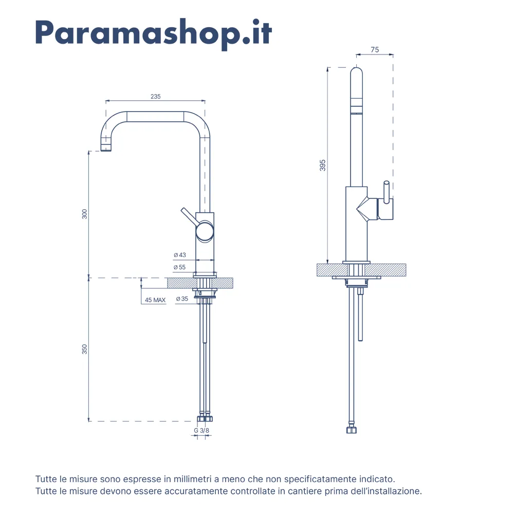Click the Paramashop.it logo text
click(153, 33)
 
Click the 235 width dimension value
click(155, 97)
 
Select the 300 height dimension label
click(85, 214)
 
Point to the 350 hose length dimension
click(85, 349)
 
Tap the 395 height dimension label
click(323, 165)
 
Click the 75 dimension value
click(375, 49)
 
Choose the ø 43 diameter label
click(179, 255)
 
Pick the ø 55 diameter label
click(179, 267)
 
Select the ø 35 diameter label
click(182, 299)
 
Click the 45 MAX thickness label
click(155, 300)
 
